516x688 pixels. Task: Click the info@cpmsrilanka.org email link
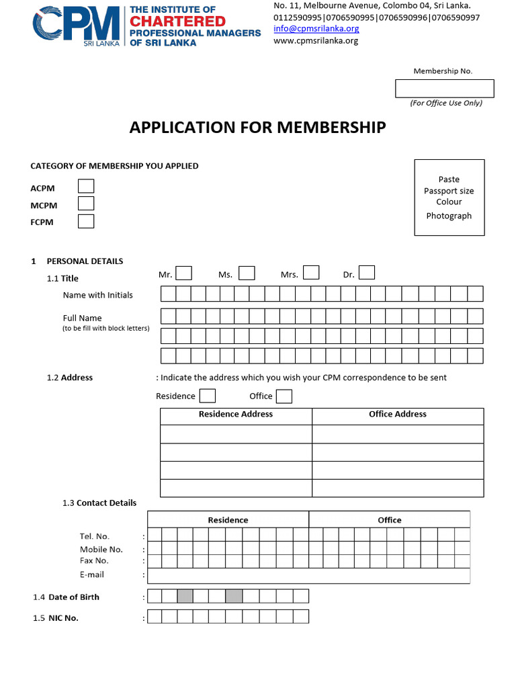(x=316, y=28)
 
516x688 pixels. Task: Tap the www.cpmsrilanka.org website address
(x=316, y=40)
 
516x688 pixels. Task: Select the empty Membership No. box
(x=444, y=89)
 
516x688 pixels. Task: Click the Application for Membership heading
(x=257, y=128)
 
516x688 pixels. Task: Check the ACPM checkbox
(x=86, y=186)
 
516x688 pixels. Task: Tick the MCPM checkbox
(x=86, y=204)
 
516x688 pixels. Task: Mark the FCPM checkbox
(x=86, y=221)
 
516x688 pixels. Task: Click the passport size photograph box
(x=449, y=197)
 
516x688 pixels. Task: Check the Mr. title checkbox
(x=183, y=273)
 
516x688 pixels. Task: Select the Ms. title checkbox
(x=247, y=273)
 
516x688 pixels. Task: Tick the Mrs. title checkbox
(x=310, y=273)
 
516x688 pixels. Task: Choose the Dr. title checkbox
(x=367, y=273)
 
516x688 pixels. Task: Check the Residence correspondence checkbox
(x=208, y=396)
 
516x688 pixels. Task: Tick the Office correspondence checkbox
(x=284, y=396)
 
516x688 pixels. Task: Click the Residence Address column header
(x=236, y=415)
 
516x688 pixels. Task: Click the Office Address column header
(x=398, y=415)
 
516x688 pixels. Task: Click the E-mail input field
(x=308, y=576)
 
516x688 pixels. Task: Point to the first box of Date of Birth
(x=155, y=596)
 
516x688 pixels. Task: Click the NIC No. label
(x=63, y=618)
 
